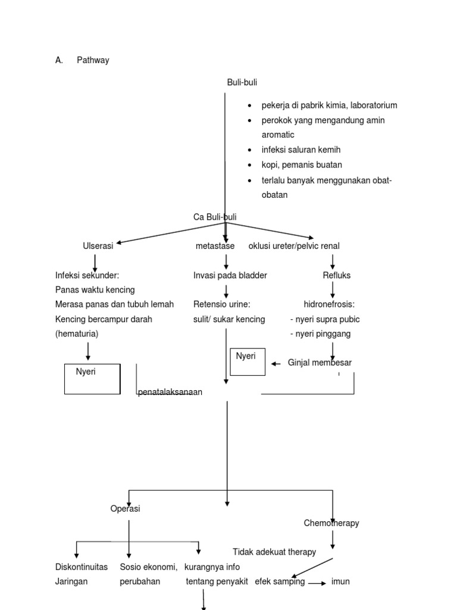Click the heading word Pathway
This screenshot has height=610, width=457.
coord(93,60)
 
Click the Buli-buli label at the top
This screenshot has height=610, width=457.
coord(242,82)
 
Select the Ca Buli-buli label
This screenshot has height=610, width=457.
coord(215,217)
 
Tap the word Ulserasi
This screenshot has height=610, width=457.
coord(98,246)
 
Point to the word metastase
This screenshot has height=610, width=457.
coord(215,246)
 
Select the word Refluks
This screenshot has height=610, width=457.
coord(337,275)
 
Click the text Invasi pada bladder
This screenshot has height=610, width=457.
coord(230,275)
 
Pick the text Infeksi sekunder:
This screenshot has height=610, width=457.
coord(87,275)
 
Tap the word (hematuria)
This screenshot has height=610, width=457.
coord(77,334)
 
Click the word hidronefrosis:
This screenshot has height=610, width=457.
coord(329,304)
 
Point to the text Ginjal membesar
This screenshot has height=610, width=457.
coord(320,362)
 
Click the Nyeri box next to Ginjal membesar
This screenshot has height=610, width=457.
coord(248,362)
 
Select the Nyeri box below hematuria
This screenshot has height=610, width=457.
coord(92,378)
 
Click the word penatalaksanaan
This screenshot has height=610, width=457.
coord(170,392)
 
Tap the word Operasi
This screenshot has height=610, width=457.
coord(126,509)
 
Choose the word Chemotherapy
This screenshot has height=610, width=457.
coord(331,523)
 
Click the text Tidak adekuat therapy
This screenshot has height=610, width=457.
coord(274,552)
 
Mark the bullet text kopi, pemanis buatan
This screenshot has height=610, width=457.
coord(302,164)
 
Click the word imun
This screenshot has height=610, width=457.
coord(340,581)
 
